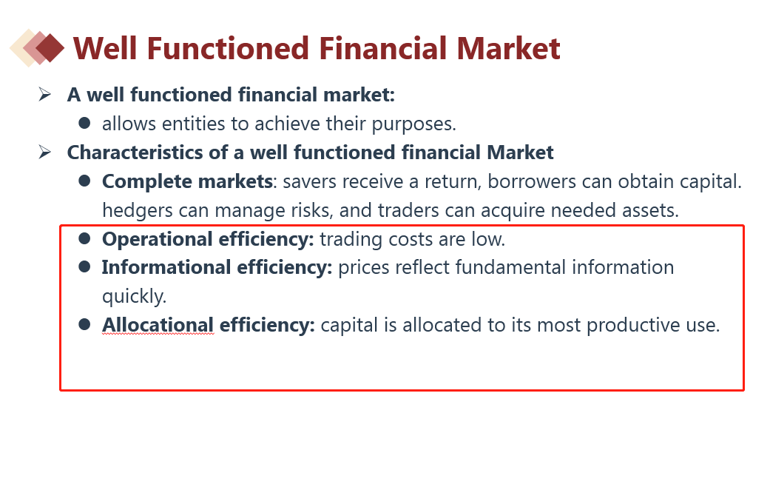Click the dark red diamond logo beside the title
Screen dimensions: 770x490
[50, 47]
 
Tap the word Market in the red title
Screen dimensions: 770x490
[508, 48]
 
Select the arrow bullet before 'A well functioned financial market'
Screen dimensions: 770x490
[44, 94]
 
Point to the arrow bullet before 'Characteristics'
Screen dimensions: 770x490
[44, 152]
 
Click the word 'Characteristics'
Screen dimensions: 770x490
[135, 152]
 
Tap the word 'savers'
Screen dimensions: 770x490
[310, 182]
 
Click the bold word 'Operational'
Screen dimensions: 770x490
[157, 239]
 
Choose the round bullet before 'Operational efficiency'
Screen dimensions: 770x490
[84, 238]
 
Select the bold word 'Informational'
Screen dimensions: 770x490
[166, 267]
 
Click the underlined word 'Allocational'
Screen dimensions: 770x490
[158, 326]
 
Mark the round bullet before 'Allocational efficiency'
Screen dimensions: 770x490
[84, 324]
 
